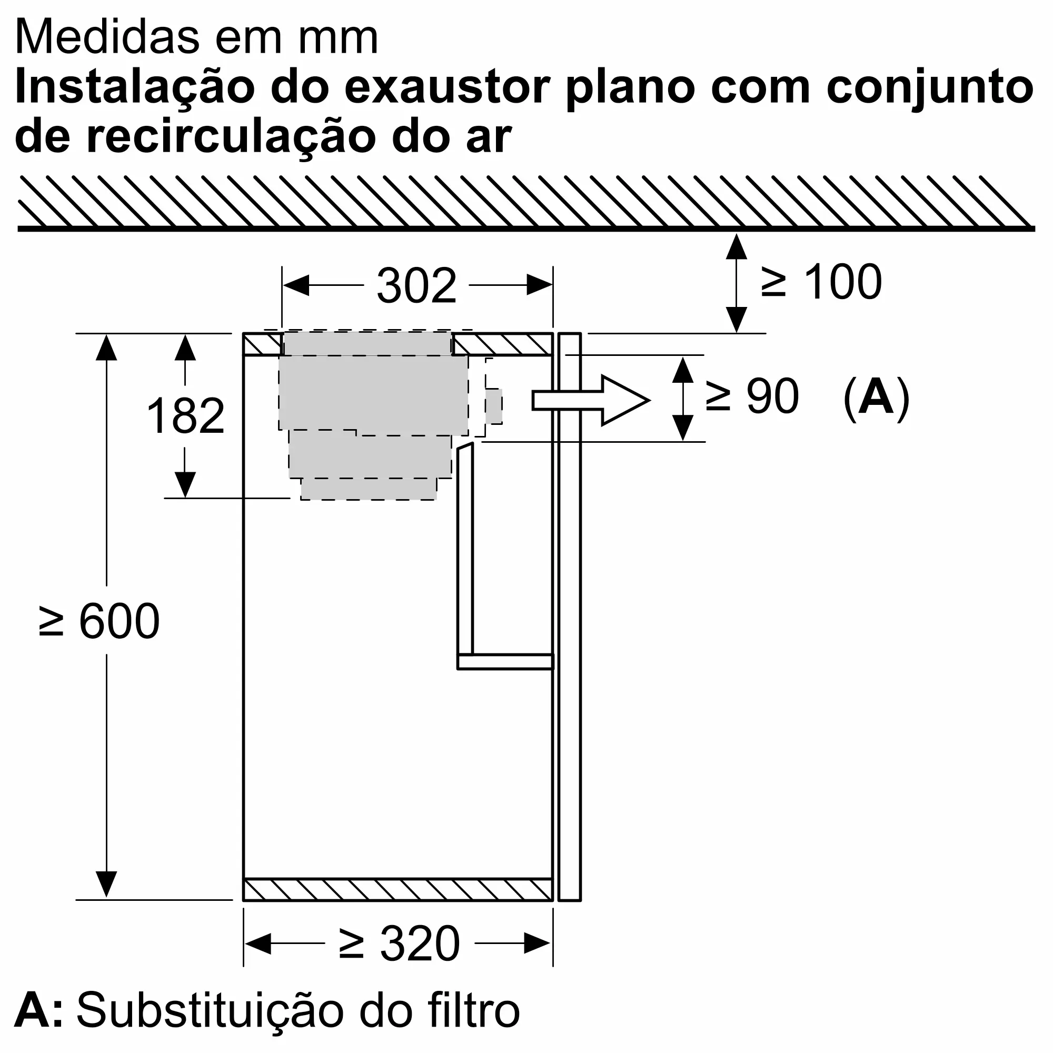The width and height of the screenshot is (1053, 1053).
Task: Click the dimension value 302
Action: (x=416, y=286)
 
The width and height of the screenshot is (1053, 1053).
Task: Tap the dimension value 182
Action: (x=185, y=416)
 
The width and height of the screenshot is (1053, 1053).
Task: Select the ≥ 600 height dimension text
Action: (x=99, y=621)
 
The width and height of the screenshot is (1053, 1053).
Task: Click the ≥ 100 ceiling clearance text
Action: (x=821, y=282)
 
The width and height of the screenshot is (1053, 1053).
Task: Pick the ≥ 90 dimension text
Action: (x=752, y=397)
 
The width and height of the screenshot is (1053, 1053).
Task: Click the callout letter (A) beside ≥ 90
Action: (x=877, y=398)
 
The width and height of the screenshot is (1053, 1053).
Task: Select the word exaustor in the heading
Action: (x=448, y=87)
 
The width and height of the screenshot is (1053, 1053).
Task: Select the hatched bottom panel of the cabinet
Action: (x=398, y=890)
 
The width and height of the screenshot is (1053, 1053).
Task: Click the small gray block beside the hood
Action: (x=494, y=406)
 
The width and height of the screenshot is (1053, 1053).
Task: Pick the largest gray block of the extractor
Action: (x=373, y=392)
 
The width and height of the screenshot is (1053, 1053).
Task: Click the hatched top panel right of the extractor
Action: (x=502, y=344)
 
